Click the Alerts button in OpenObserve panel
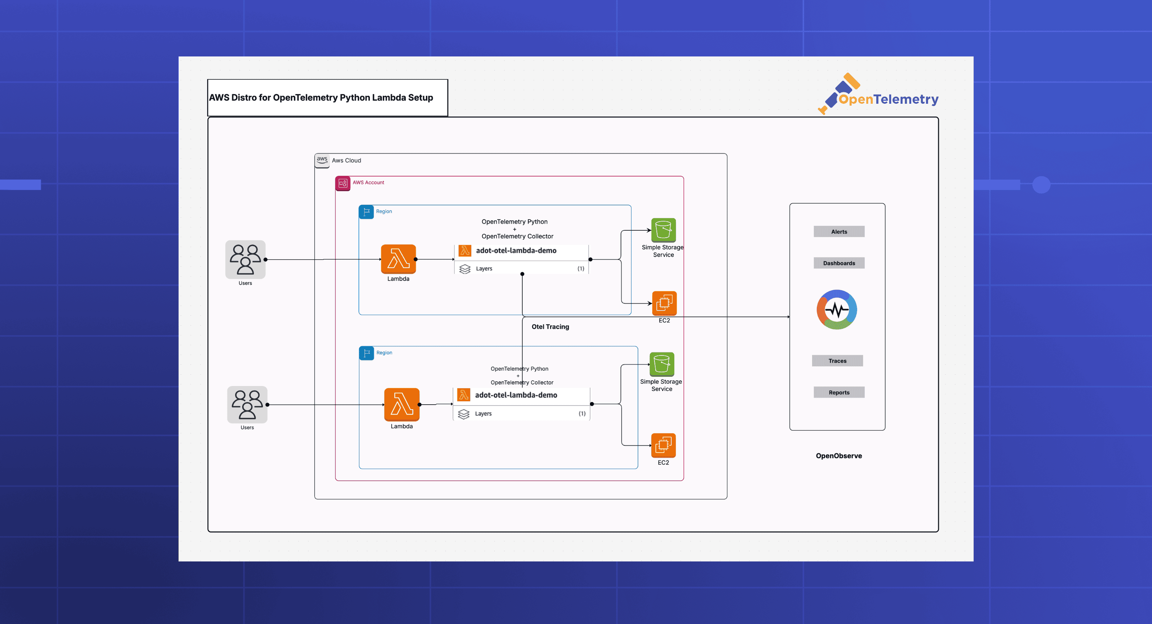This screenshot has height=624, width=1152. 838,232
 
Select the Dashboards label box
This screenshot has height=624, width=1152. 838,263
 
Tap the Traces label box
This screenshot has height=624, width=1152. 837,361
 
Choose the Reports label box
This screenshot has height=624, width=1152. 838,392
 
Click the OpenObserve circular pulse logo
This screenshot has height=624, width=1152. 836,309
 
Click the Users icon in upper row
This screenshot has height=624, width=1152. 245,259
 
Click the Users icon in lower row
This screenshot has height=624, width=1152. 247,404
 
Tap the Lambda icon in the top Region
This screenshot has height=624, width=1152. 398,259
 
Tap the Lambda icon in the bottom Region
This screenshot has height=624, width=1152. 401,404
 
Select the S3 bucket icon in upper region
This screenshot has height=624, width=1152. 663,230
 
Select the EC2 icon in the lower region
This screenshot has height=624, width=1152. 663,445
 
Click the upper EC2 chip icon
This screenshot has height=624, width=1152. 664,303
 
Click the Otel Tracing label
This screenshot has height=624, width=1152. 550,327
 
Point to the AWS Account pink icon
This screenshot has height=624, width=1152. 342,183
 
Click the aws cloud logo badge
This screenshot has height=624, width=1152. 322,160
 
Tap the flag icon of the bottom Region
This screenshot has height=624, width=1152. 366,353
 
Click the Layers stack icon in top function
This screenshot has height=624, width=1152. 465,269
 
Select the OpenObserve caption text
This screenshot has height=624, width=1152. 838,456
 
